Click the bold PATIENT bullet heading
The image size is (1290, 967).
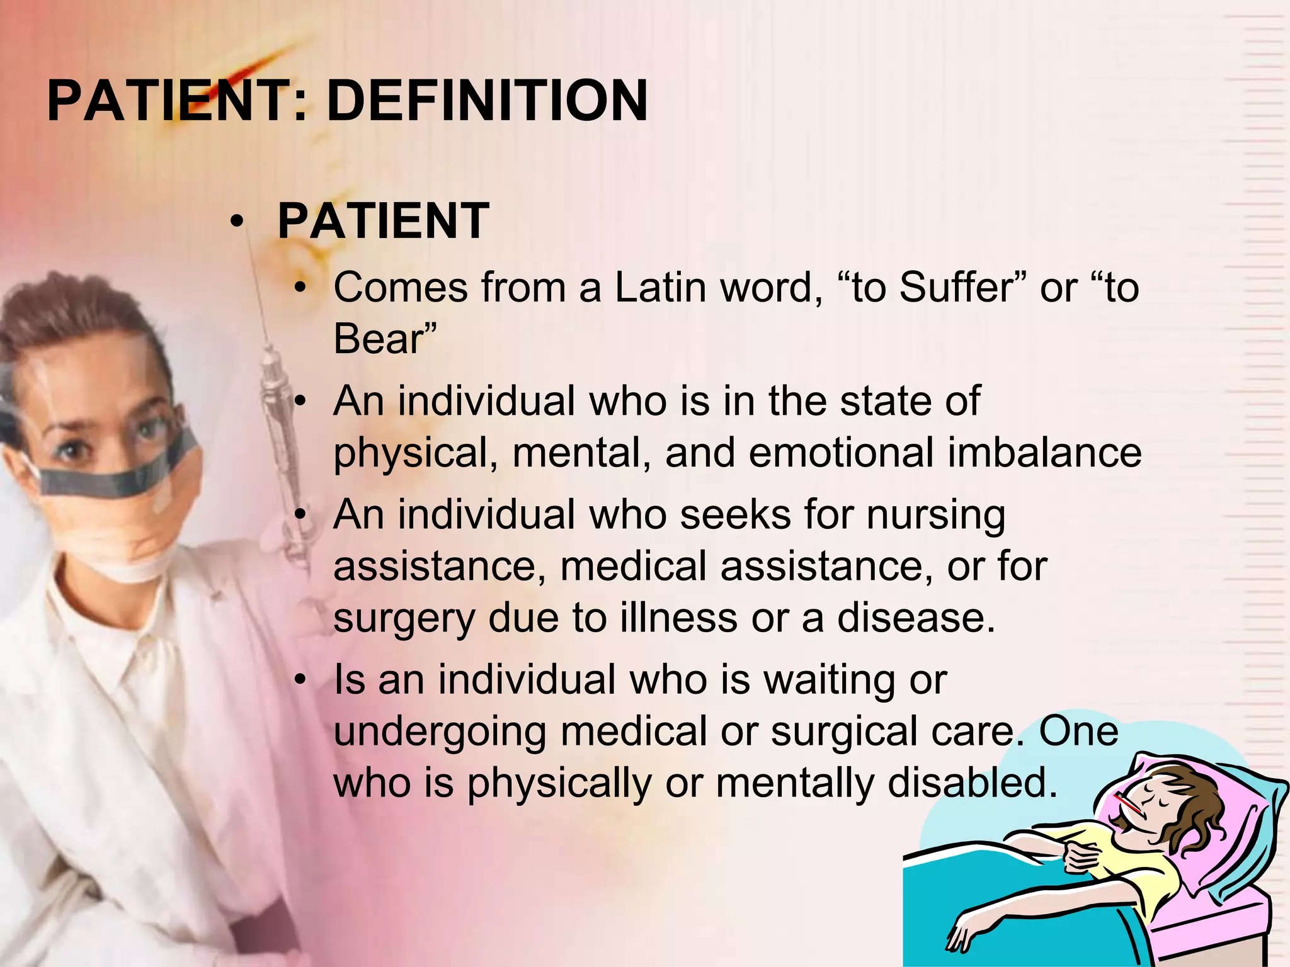[x=383, y=221]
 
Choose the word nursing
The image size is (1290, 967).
[x=936, y=516]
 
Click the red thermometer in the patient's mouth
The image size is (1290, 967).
[x=1128, y=805]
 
